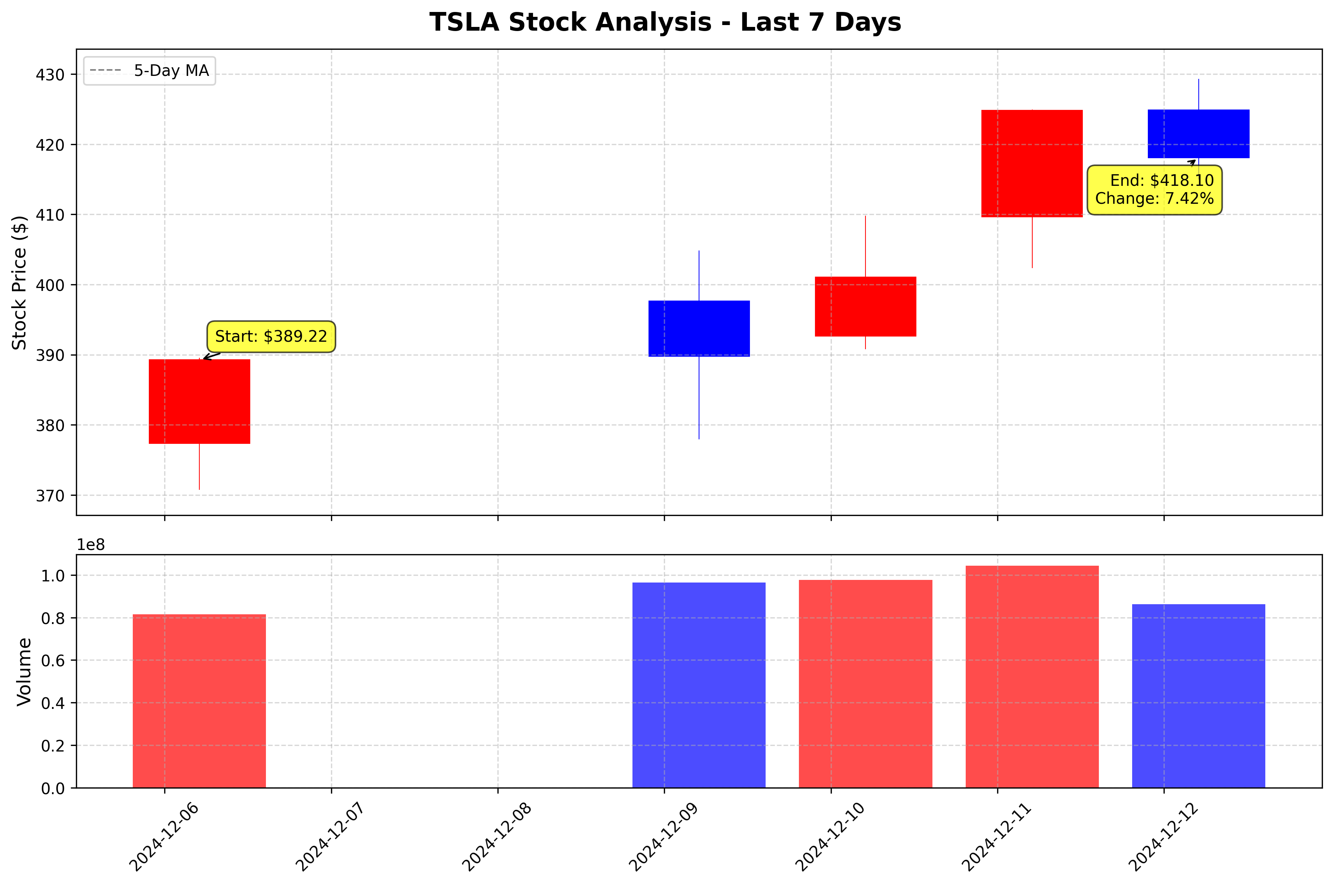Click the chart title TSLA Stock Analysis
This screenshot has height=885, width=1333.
click(665, 22)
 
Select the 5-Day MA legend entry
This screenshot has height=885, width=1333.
click(150, 71)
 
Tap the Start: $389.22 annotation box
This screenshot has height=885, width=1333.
click(271, 337)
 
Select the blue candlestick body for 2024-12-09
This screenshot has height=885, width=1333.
click(699, 329)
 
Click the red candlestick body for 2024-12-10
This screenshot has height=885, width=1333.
click(865, 307)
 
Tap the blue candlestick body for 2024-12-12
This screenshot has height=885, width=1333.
click(1199, 134)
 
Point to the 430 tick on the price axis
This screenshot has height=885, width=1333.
click(50, 74)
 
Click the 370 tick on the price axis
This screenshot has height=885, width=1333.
click(50, 495)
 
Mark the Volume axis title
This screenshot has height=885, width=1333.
click(24, 671)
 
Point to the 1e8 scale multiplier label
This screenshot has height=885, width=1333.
click(91, 545)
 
